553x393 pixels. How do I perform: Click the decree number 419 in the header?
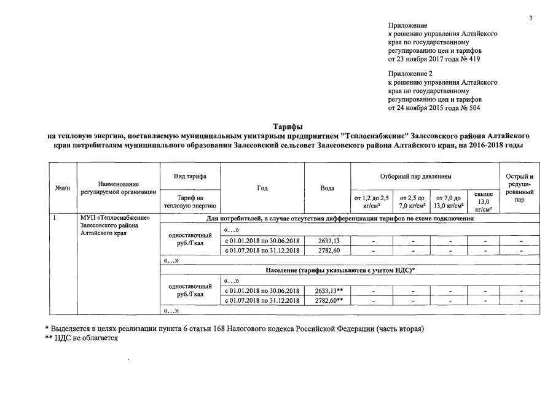click(x=474, y=60)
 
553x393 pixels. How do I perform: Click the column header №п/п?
click(x=63, y=187)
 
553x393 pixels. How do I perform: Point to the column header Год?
click(x=262, y=187)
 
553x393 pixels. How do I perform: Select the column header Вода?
click(x=327, y=187)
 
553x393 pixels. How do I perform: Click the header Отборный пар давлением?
click(x=424, y=176)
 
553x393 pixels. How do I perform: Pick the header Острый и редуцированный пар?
click(x=520, y=187)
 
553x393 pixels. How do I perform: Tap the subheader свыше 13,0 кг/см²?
click(x=484, y=201)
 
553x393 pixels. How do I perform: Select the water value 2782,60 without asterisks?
click(x=327, y=250)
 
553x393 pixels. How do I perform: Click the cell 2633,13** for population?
click(x=328, y=290)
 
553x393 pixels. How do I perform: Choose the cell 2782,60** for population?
click(x=328, y=300)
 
